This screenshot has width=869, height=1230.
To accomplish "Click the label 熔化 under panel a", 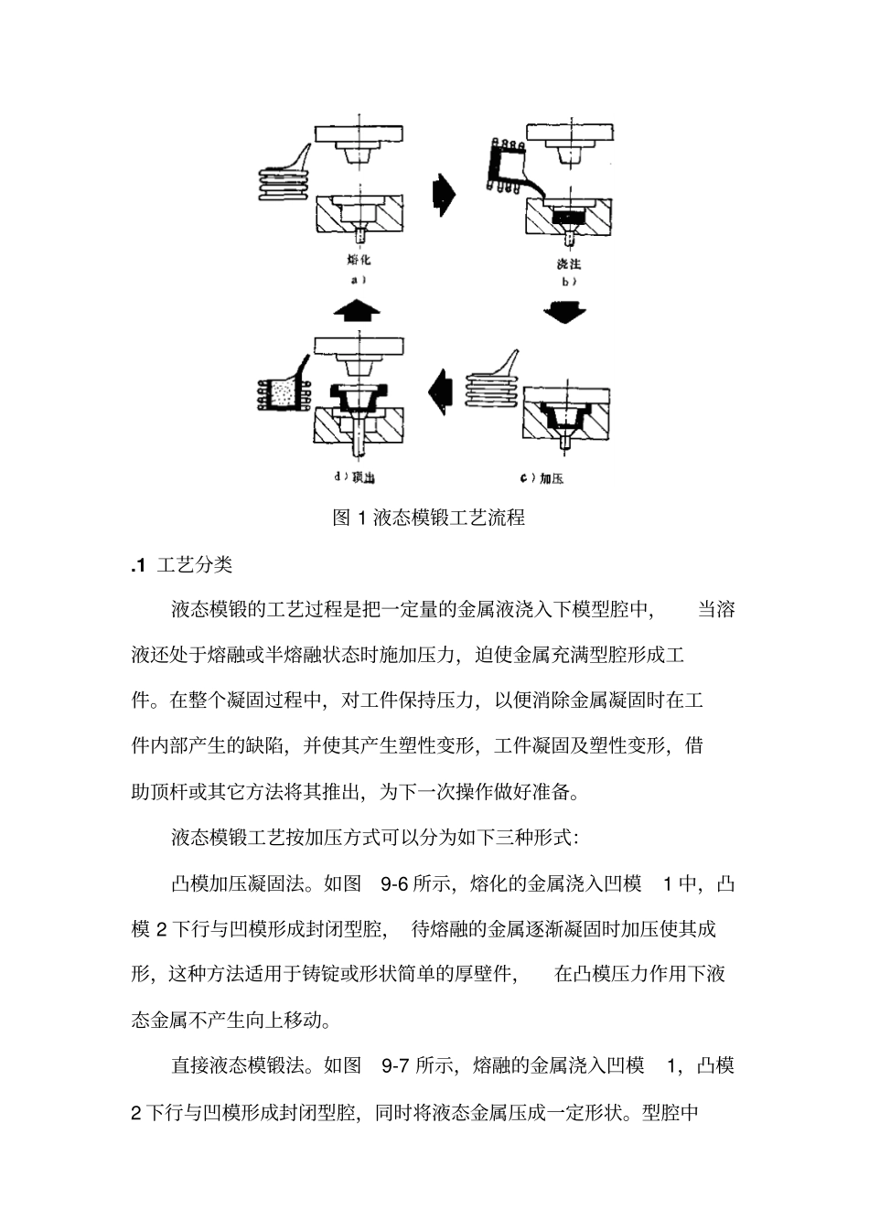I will click(360, 260).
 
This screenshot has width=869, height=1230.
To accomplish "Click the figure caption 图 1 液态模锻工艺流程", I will click(428, 518).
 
